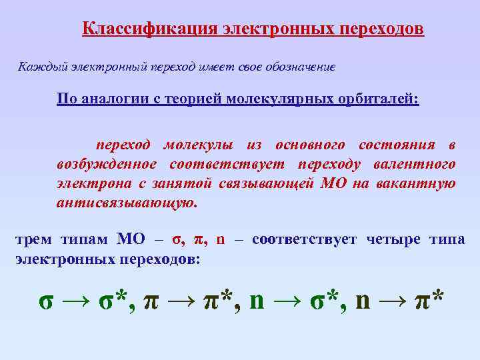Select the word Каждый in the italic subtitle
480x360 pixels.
37,67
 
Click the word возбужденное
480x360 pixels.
107,165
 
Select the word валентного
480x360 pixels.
420,165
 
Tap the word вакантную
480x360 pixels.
420,184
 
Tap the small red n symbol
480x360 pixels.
221,240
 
